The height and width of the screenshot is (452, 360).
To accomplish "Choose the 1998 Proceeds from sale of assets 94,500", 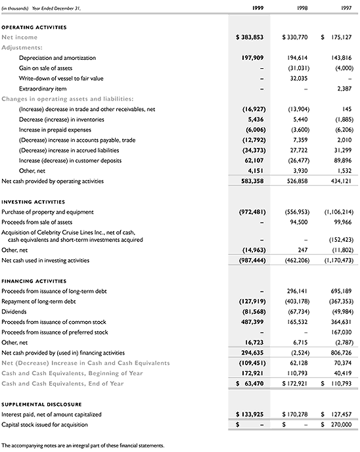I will tap(299, 222).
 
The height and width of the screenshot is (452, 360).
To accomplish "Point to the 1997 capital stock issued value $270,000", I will tap(338, 425).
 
